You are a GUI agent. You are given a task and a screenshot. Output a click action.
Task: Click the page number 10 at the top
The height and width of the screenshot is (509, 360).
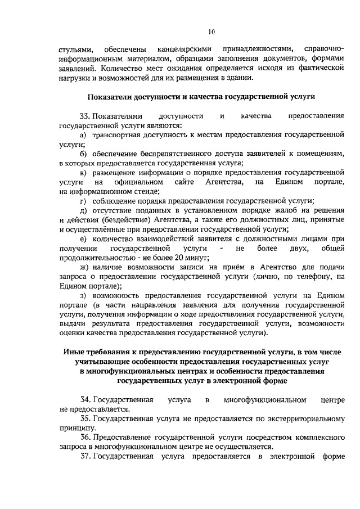pyautogui.click(x=210, y=31)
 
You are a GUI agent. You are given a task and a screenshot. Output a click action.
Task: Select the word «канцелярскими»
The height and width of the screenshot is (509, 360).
pyautogui.click(x=183, y=49)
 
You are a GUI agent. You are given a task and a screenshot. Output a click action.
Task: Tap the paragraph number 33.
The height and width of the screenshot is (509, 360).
pyautogui.click(x=87, y=116)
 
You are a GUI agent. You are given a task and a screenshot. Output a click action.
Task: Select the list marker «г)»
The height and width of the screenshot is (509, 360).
pyautogui.click(x=82, y=202)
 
